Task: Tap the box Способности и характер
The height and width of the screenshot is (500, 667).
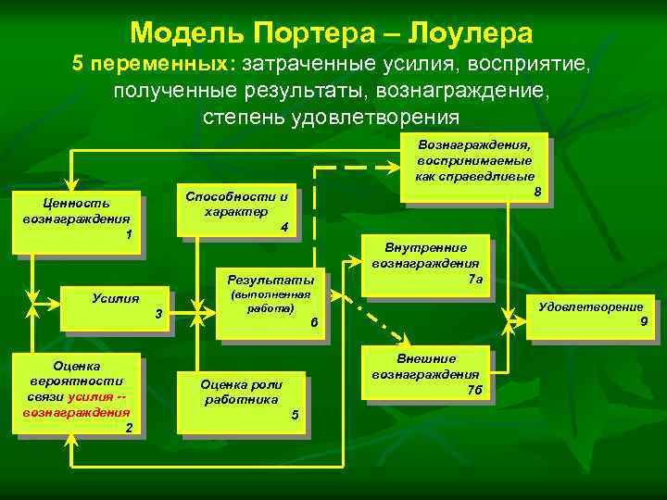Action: (238, 211)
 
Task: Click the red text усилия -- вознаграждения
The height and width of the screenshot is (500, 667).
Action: (78, 405)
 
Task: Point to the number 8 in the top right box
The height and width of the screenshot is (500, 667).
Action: (537, 192)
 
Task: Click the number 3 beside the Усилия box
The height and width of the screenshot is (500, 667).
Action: (158, 318)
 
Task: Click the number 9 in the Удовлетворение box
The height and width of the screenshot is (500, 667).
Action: (643, 321)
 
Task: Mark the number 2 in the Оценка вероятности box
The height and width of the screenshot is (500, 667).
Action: (129, 427)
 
